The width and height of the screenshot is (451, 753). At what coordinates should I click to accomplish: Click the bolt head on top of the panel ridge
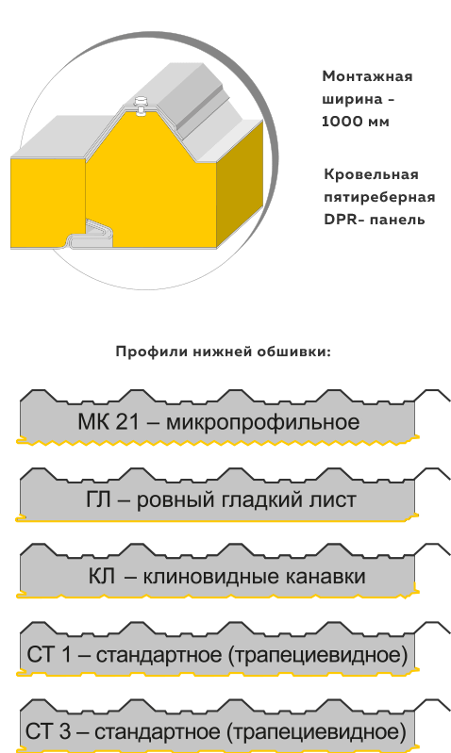point(141,101)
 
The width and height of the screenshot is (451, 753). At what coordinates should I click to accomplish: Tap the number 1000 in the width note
point(342,122)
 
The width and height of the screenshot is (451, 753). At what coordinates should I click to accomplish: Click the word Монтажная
point(367,76)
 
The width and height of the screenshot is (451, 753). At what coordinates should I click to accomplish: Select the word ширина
point(352,100)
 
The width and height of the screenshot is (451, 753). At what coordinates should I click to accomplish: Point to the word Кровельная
point(371,173)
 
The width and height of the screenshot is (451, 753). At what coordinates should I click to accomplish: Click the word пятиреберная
point(379,197)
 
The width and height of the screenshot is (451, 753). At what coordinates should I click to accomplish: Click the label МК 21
point(109,422)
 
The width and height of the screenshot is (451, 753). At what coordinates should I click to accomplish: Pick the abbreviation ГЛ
point(98,500)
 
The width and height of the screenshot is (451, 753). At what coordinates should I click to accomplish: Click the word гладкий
point(255,500)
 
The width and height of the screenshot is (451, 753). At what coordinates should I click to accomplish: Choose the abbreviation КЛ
point(102,577)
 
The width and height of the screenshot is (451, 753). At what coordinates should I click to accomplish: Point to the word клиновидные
point(211,577)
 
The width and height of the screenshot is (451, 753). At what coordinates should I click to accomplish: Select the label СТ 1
point(48,655)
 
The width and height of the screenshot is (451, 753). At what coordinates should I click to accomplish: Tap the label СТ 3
point(47,732)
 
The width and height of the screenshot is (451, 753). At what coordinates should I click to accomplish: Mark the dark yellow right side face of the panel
point(241,183)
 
